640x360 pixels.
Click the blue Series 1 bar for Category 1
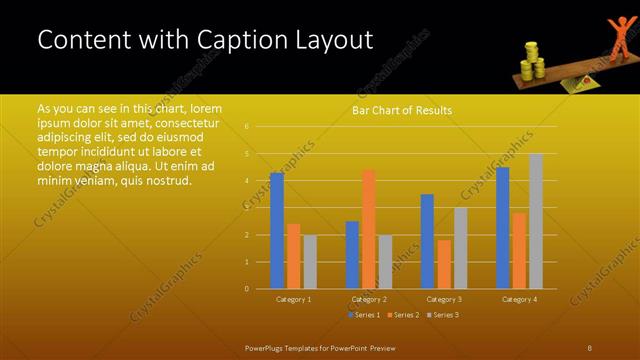(x=276, y=230)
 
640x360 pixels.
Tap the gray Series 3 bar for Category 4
(x=536, y=221)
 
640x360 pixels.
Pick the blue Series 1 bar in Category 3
(x=427, y=241)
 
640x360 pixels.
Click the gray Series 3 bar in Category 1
(x=309, y=262)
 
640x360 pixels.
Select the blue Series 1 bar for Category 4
(x=502, y=228)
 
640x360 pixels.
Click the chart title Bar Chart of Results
(x=401, y=110)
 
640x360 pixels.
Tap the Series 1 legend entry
(x=365, y=315)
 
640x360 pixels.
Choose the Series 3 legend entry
(x=443, y=315)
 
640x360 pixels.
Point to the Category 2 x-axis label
(x=369, y=299)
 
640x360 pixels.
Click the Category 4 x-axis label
(x=519, y=299)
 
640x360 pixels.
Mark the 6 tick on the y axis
(x=247, y=127)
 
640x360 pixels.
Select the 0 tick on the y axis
(x=247, y=289)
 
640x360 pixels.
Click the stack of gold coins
(x=531, y=59)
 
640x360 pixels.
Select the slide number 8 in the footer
(x=589, y=347)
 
